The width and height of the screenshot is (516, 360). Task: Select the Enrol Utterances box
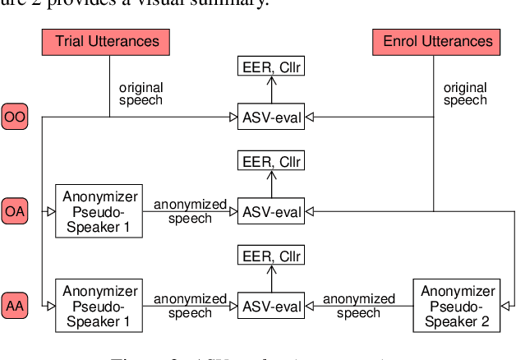click(x=433, y=40)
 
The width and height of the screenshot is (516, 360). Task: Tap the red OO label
click(x=15, y=118)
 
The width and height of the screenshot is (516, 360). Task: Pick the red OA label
click(x=15, y=210)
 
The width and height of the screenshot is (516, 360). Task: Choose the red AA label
click(x=15, y=305)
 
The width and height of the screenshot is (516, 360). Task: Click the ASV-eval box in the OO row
click(x=270, y=118)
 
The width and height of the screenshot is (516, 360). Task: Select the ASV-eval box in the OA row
click(x=270, y=211)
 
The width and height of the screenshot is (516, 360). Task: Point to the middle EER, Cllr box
click(x=270, y=161)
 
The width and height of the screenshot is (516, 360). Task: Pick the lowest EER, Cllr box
click(x=270, y=255)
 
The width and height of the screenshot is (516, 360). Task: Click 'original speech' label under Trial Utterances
click(x=141, y=93)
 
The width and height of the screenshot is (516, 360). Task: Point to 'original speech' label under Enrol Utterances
click(x=465, y=93)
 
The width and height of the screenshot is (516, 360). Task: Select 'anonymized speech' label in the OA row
click(x=189, y=212)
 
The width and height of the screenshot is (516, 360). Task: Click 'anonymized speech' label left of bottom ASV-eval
click(x=189, y=305)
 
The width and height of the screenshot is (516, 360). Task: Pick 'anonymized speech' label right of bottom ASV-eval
click(x=359, y=305)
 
